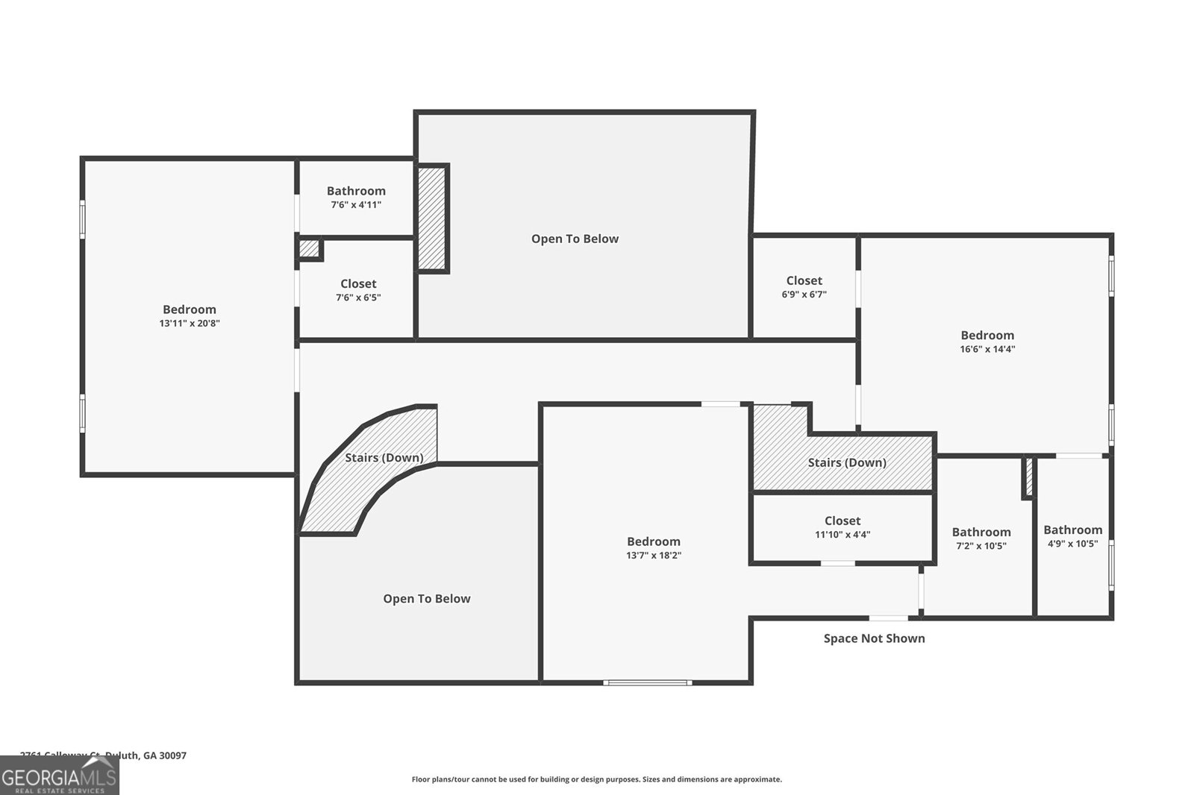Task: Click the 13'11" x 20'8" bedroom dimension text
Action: [x=189, y=324]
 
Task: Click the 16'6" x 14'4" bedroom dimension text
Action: [x=987, y=349]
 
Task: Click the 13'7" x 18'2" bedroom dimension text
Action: [x=653, y=556]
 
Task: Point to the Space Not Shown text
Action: [x=874, y=638]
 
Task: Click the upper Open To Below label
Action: [x=575, y=239]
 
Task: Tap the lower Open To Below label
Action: [x=426, y=599]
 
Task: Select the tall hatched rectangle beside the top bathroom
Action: [x=431, y=218]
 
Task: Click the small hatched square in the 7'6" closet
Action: [x=309, y=248]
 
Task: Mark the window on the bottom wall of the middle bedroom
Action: [x=647, y=682]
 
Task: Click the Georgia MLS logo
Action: [x=59, y=776]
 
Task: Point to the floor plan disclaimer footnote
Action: [x=596, y=779]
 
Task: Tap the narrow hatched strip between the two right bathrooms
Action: [x=1028, y=477]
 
